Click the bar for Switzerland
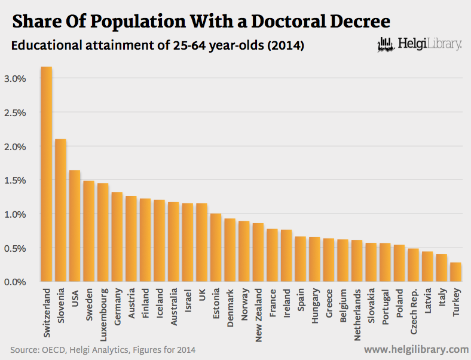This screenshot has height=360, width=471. tap(46, 174)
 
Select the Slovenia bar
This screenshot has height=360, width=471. tap(60, 210)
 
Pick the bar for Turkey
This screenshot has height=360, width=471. tap(455, 271)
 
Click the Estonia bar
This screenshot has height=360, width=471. tap(216, 247)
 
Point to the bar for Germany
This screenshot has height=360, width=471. tap(117, 236)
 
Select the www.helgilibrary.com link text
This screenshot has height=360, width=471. tap(415, 349)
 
